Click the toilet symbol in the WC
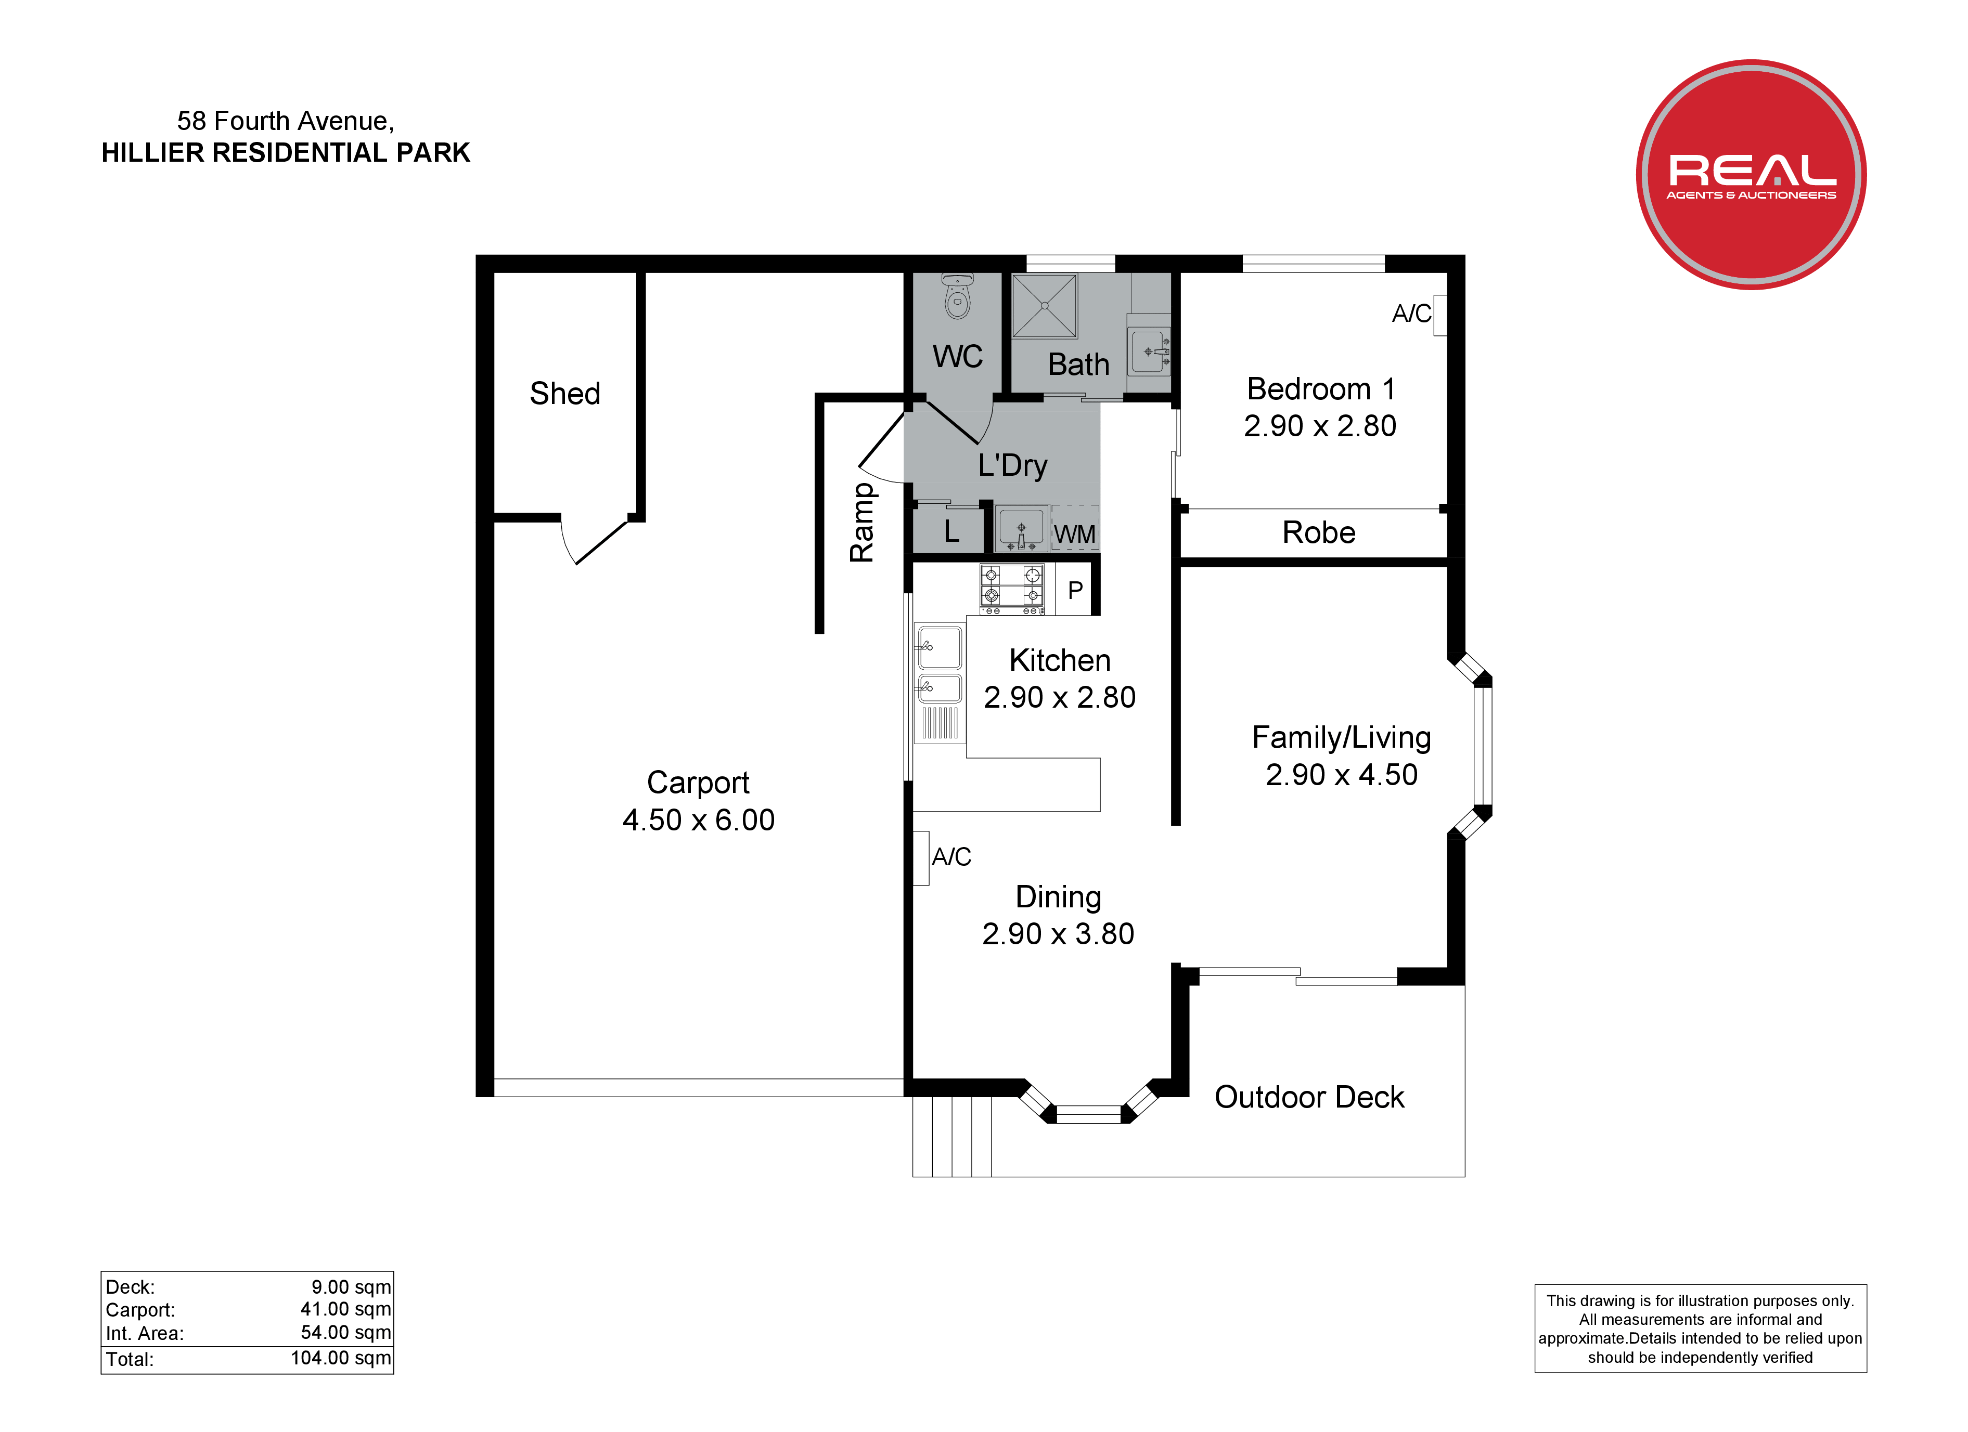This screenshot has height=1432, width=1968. coord(957,296)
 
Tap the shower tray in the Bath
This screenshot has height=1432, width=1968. coord(1045,305)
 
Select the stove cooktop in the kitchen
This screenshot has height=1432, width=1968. coord(1012,589)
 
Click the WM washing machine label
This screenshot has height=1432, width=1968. coord(1074,535)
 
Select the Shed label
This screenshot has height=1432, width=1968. coord(565,393)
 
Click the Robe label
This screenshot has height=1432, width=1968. coord(1318,532)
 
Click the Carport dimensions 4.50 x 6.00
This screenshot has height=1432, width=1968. coord(699,819)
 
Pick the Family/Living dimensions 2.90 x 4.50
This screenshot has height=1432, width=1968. coord(1342,775)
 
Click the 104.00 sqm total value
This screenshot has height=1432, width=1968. coord(341,1358)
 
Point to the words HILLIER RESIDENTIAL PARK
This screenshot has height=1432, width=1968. coord(286,153)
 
